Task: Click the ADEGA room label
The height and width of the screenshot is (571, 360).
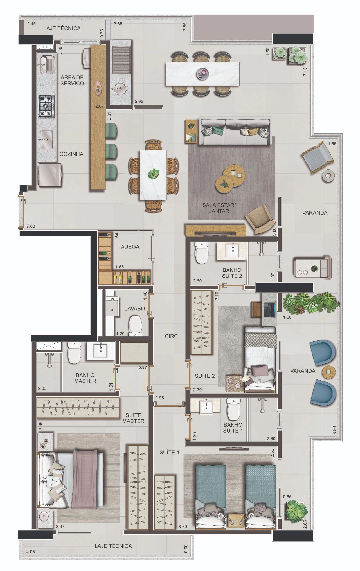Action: [x=130, y=247]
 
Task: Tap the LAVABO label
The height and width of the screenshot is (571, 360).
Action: [x=135, y=309]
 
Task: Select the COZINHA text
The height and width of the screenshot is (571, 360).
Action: [x=71, y=154]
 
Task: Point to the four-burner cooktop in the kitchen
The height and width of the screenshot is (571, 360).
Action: [x=47, y=106]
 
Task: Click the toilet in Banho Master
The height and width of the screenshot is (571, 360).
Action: [x=74, y=352]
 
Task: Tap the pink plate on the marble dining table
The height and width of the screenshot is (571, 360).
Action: [x=202, y=73]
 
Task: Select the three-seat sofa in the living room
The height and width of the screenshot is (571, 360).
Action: [x=234, y=132]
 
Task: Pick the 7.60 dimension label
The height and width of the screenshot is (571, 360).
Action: [x=31, y=226]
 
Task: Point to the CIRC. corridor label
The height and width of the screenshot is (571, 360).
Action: [x=172, y=336]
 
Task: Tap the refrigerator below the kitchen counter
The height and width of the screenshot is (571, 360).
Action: [x=50, y=175]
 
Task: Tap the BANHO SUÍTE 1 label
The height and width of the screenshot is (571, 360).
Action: [x=233, y=428]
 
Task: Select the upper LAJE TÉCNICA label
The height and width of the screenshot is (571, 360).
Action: [x=62, y=28]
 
